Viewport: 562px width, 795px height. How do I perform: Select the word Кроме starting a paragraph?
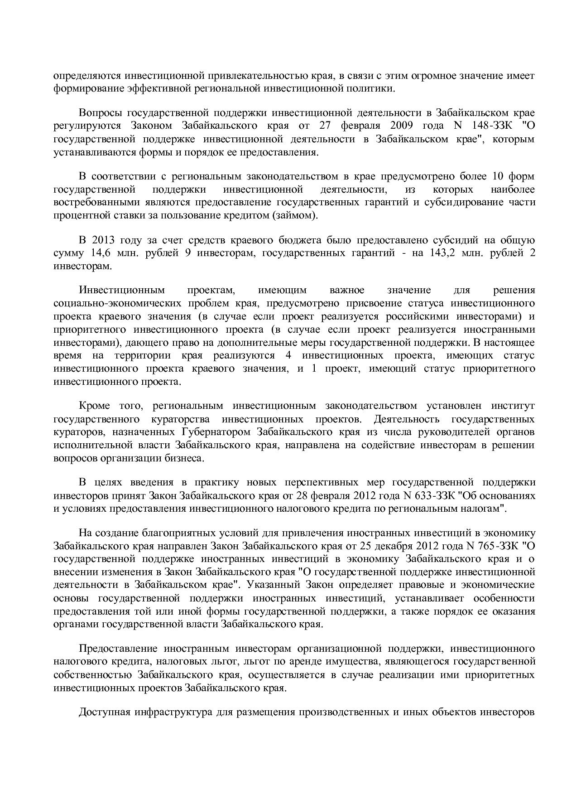94,406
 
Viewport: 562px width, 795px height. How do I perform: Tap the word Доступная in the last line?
103,712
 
